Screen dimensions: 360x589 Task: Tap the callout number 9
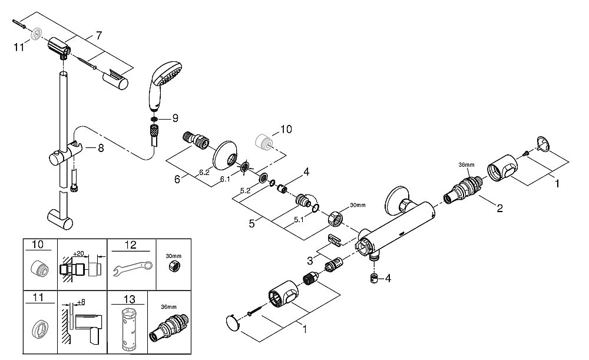click(175, 118)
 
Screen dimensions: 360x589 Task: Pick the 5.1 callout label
click(298, 220)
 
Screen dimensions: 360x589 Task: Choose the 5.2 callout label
click(246, 191)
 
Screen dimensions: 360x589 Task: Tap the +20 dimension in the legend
click(79, 253)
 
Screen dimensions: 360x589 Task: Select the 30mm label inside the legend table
click(174, 256)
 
